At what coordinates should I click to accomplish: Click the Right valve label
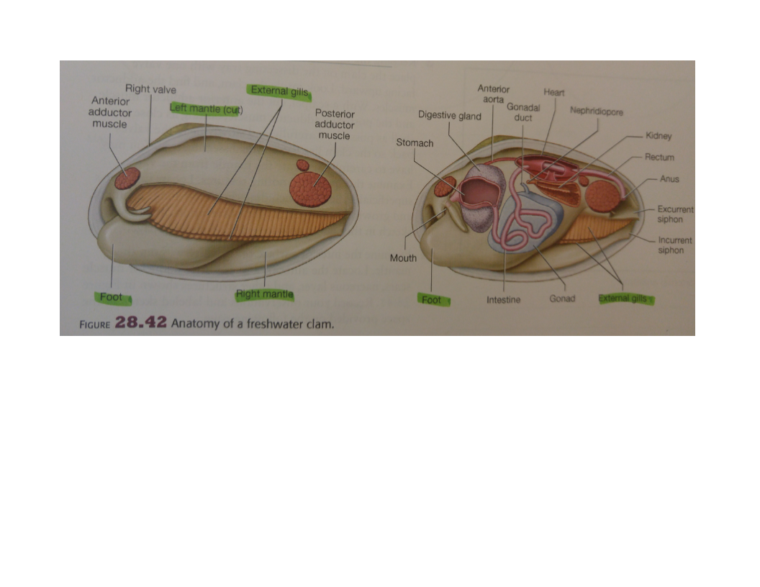(x=150, y=89)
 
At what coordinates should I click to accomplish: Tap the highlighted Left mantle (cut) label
(x=206, y=109)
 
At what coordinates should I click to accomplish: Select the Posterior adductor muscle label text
(x=335, y=124)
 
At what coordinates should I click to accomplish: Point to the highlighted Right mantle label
(x=265, y=294)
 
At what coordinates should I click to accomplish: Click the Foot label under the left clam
(x=111, y=297)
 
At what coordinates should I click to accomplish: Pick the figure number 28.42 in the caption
(x=140, y=322)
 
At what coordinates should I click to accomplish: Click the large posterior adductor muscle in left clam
(x=311, y=188)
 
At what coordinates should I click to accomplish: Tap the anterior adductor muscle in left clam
(x=127, y=178)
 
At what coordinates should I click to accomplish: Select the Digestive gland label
(x=450, y=117)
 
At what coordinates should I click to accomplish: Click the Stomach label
(x=415, y=143)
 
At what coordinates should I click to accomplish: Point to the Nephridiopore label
(x=597, y=112)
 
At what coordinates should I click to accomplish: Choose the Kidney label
(x=659, y=136)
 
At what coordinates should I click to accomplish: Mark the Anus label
(x=669, y=178)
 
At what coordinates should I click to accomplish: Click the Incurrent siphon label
(x=675, y=245)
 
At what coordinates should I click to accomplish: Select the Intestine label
(x=504, y=300)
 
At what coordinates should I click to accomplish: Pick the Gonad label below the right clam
(x=562, y=299)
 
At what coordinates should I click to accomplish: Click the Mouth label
(x=403, y=258)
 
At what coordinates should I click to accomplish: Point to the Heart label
(x=554, y=92)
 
